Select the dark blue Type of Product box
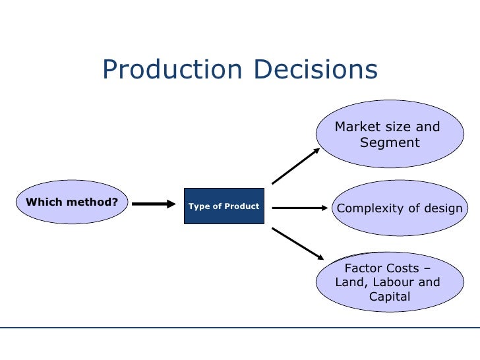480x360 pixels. click(224, 206)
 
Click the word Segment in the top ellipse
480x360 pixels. click(390, 142)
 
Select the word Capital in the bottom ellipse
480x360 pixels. click(390, 297)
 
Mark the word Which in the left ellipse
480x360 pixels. click(41, 201)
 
